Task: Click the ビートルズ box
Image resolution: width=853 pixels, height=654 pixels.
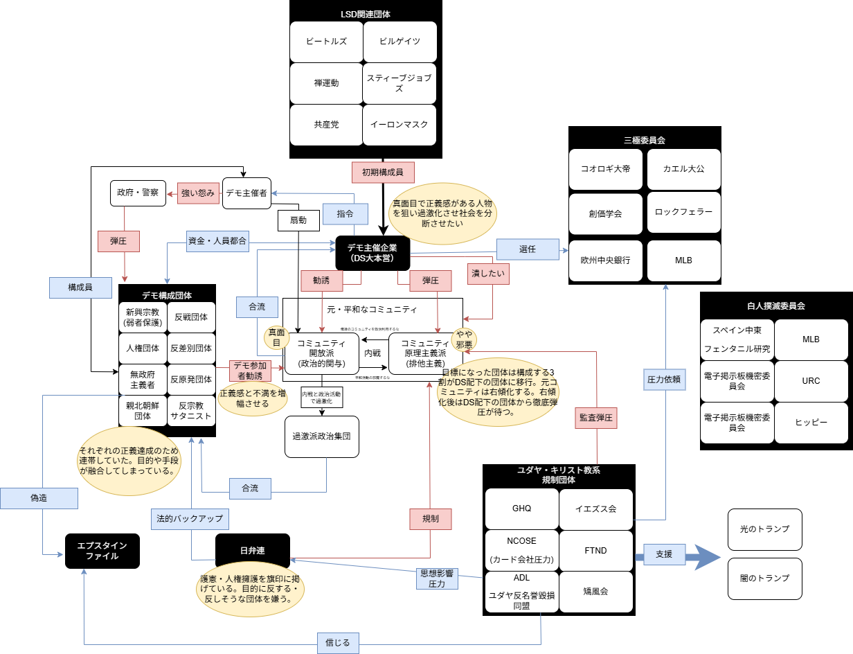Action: pyautogui.click(x=326, y=41)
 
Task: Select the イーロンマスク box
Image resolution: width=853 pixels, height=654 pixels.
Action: pyautogui.click(x=399, y=125)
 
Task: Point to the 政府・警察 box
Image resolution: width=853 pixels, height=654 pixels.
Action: pyautogui.click(x=138, y=193)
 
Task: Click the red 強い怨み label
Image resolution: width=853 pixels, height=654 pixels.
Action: pyautogui.click(x=198, y=193)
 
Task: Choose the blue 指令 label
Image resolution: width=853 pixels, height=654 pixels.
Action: pyautogui.click(x=344, y=214)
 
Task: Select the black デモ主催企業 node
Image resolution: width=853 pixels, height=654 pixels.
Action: pyautogui.click(x=372, y=253)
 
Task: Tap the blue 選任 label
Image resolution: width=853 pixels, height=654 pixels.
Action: pyautogui.click(x=528, y=249)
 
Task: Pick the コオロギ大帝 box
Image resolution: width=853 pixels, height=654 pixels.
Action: pyautogui.click(x=605, y=168)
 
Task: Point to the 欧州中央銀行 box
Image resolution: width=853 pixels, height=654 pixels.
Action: pyautogui.click(x=605, y=260)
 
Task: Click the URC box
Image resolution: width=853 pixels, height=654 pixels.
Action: pyautogui.click(x=811, y=381)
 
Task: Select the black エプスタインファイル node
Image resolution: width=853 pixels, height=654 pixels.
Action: pyautogui.click(x=102, y=551)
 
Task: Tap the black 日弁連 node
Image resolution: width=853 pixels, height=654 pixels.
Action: pyautogui.click(x=253, y=551)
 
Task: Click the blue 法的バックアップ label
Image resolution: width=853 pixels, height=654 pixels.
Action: pyautogui.click(x=190, y=518)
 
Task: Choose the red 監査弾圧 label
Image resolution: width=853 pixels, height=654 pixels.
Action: pyautogui.click(x=595, y=418)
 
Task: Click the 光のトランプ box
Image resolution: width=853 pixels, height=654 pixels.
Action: pyautogui.click(x=764, y=529)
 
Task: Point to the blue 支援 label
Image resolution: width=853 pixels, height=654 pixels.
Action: pyautogui.click(x=664, y=554)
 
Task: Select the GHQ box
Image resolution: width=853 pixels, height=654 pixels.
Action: pyautogui.click(x=521, y=509)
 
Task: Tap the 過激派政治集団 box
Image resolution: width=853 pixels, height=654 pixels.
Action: pyautogui.click(x=322, y=436)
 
